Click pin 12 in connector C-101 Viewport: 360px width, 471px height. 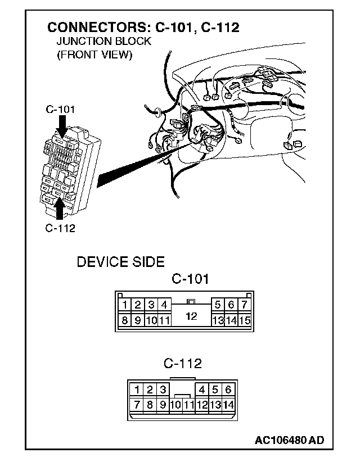click(x=191, y=316)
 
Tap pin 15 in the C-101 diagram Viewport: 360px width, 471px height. click(x=244, y=321)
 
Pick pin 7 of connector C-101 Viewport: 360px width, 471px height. click(x=244, y=305)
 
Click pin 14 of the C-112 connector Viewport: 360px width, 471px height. click(x=228, y=404)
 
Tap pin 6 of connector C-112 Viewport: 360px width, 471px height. click(x=228, y=390)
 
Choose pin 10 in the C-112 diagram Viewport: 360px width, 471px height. click(x=176, y=405)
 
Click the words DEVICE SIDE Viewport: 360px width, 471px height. click(x=120, y=262)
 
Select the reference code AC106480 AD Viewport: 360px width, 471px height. click(x=289, y=440)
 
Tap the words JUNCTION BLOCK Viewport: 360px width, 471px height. click(x=103, y=42)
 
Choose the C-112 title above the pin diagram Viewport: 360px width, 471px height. click(x=183, y=364)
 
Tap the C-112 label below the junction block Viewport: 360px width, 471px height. click(x=60, y=228)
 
